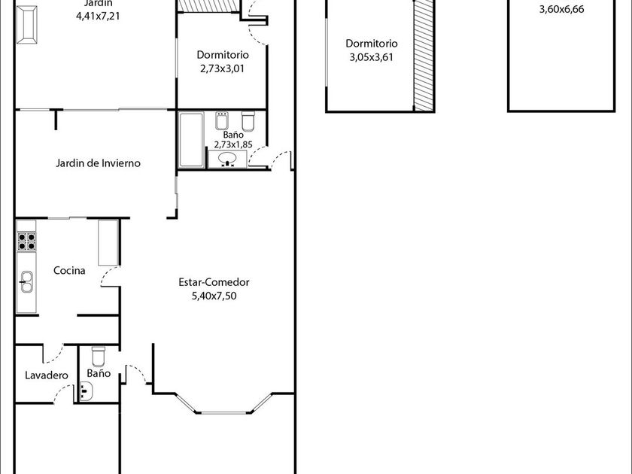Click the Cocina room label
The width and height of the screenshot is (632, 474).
tap(69, 270)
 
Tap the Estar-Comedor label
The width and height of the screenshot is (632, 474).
tap(214, 282)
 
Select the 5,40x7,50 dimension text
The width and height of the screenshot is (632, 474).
tap(214, 296)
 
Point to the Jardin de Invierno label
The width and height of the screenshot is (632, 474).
tap(98, 163)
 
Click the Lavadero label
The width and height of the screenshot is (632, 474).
tap(47, 375)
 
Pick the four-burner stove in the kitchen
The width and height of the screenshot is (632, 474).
tap(26, 242)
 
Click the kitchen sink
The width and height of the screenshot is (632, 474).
tap(26, 281)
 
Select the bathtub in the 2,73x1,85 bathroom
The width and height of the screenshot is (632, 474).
tap(191, 139)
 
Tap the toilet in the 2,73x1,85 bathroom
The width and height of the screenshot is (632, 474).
tap(248, 121)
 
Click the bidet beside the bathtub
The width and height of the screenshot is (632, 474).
tap(222, 120)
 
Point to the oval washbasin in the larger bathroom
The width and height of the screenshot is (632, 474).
tap(228, 159)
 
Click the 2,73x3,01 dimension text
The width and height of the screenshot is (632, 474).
tap(222, 68)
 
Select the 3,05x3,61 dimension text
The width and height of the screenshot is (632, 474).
tap(371, 57)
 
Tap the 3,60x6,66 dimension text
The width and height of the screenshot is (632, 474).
tap(561, 9)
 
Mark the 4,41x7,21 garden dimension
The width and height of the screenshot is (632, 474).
tap(98, 16)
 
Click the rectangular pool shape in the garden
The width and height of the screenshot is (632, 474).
tap(27, 25)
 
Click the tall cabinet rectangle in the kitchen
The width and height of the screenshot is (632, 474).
tap(108, 242)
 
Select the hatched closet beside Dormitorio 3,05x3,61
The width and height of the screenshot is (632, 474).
tap(424, 55)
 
